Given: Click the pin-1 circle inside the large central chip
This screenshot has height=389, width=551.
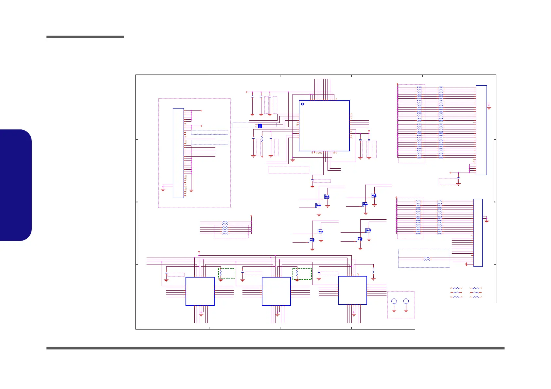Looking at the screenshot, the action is pos(302,104).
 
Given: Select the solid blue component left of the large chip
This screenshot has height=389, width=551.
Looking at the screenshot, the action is pos(260,126).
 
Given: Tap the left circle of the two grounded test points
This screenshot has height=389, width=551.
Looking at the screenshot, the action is pos(394,301).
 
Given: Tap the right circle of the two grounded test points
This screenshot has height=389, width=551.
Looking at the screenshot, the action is pos(406,301).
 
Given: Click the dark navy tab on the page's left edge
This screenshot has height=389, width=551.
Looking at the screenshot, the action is pos(16,185).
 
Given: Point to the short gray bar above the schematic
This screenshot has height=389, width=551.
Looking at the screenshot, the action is pos(85,37).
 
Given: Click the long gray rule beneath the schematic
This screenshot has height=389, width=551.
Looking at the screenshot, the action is pos(275,348).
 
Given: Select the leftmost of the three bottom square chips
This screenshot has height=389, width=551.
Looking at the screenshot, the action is pos(200,291).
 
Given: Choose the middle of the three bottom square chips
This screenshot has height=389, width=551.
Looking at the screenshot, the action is pos(276,291).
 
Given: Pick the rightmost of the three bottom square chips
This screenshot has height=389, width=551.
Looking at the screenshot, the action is pos(352,290).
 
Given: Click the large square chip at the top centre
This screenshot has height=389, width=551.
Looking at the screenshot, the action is pos(324,126).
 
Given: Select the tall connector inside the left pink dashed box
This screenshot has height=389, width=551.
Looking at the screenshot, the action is pos(178,153).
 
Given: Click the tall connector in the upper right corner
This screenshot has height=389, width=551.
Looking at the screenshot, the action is pos(481,130).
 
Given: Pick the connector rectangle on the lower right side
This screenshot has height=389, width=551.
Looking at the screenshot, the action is pos(478,232).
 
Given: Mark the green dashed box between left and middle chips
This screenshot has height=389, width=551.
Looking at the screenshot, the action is pos(227,273).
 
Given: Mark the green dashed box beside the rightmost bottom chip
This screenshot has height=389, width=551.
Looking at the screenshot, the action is pos(302,274).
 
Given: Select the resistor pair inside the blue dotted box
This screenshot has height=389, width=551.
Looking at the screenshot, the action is pos(427,259).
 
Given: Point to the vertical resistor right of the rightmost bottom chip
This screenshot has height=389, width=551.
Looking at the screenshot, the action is pos(373,271).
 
